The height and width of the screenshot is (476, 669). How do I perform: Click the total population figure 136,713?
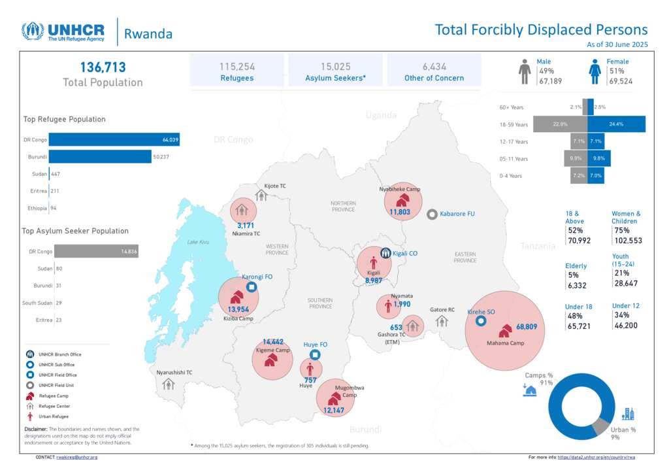tap(103, 67)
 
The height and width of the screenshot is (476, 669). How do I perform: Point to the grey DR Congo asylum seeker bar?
tap(96, 251)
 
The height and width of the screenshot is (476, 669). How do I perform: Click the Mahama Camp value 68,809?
tap(530, 326)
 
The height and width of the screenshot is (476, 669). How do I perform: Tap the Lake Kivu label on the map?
tap(197, 243)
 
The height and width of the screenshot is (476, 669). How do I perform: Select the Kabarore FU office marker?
tap(432, 214)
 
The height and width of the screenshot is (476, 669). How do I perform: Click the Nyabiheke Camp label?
tap(399, 190)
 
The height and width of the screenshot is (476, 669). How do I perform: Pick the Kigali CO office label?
tap(405, 253)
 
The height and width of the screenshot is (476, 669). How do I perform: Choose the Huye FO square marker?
tap(315, 355)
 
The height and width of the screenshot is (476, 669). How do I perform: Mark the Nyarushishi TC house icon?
tap(168, 384)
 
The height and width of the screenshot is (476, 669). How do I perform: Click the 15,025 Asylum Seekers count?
tap(336, 67)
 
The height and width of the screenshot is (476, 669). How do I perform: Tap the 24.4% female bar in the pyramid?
tap(616, 124)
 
